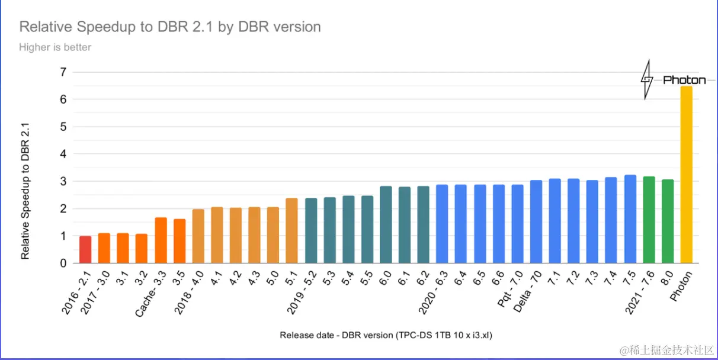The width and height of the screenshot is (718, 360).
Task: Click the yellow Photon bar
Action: (x=686, y=175)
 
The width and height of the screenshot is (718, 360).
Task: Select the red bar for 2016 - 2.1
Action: (x=85, y=249)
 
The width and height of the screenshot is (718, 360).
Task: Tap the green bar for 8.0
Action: (x=668, y=221)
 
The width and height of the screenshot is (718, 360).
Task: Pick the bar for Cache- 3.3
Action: (x=161, y=240)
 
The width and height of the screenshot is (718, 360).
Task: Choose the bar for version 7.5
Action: (x=630, y=219)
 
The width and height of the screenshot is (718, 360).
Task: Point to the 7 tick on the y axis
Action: (x=62, y=72)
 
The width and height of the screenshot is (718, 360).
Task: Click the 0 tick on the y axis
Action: (x=62, y=263)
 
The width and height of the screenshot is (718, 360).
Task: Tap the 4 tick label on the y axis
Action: (x=62, y=154)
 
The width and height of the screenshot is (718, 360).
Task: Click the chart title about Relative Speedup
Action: (x=170, y=27)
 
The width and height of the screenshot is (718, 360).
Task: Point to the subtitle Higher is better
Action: (x=55, y=47)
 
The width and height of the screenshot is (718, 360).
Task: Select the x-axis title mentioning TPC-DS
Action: (x=386, y=335)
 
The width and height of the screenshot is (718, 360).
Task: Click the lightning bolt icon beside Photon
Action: (x=648, y=79)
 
